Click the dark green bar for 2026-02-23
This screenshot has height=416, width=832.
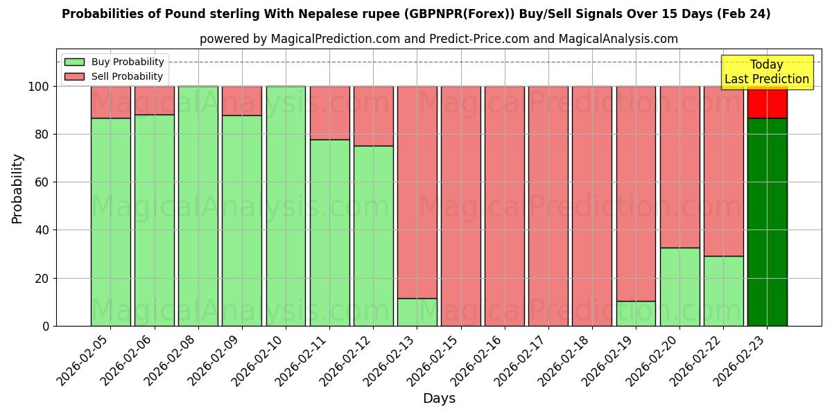pyautogui.click(x=767, y=222)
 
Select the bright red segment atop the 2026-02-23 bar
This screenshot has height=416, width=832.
pyautogui.click(x=767, y=103)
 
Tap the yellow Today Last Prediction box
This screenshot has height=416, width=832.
pyautogui.click(x=766, y=72)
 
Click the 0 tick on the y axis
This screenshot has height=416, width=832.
pyautogui.click(x=46, y=326)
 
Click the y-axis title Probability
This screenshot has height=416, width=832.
pyautogui.click(x=17, y=188)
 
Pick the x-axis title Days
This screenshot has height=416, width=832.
pyautogui.click(x=439, y=399)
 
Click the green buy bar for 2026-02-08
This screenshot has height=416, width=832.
pyautogui.click(x=198, y=206)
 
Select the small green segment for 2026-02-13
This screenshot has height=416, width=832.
pyautogui.click(x=417, y=312)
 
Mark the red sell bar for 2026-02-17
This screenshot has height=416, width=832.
pyautogui.click(x=548, y=206)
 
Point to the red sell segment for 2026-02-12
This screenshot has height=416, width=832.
pyautogui.click(x=374, y=116)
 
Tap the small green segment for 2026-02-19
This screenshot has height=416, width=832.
pyautogui.click(x=636, y=313)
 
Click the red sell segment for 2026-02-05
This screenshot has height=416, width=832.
pyautogui.click(x=111, y=102)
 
